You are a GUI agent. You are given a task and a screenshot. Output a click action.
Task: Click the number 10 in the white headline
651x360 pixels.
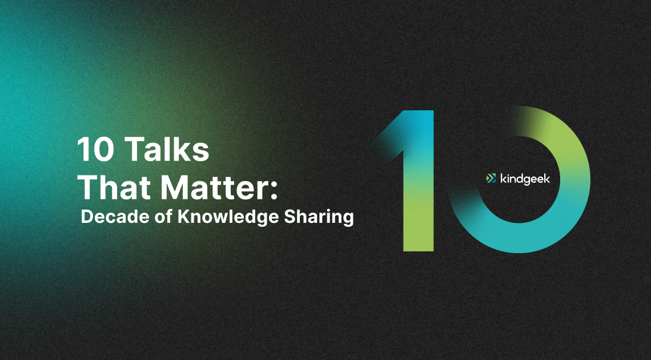pos(95,150)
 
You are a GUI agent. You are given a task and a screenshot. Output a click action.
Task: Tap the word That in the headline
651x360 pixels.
pos(116,187)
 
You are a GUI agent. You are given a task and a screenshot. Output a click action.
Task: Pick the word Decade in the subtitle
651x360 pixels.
pos(111,217)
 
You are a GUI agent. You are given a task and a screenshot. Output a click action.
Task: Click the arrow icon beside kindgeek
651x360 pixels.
pos(491,178)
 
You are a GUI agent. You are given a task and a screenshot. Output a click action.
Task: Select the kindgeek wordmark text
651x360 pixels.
pos(525,179)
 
